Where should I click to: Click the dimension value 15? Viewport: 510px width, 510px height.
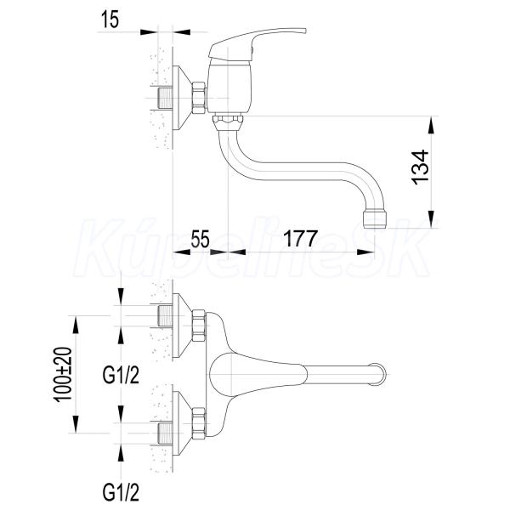pyautogui.click(x=110, y=20)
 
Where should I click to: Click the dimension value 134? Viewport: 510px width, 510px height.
pyautogui.click(x=420, y=167)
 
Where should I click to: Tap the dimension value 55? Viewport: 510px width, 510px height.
pyautogui.click(x=200, y=239)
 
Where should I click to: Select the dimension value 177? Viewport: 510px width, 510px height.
pyautogui.click(x=300, y=239)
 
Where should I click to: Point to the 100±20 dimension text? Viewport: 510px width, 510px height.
pyautogui.click(x=62, y=375)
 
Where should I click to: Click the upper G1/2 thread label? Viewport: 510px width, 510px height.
pyautogui.click(x=121, y=376)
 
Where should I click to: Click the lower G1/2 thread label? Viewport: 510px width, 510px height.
pyautogui.click(x=121, y=492)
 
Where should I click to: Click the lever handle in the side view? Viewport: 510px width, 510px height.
pyautogui.click(x=257, y=44)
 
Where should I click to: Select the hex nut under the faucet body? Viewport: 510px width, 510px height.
pyautogui.click(x=228, y=122)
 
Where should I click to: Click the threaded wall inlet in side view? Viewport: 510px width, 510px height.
pyautogui.click(x=165, y=98)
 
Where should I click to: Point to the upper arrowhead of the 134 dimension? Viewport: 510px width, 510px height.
pyautogui.click(x=431, y=124)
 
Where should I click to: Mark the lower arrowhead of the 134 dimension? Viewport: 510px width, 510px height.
pyautogui.click(x=431, y=218)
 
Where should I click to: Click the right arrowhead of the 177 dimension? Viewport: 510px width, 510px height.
pyautogui.click(x=365, y=252)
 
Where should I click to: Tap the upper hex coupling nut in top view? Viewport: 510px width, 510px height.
pyautogui.click(x=199, y=326)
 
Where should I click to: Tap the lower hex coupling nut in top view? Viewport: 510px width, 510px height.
pyautogui.click(x=199, y=423)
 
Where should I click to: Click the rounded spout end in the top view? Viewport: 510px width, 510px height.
pyautogui.click(x=380, y=375)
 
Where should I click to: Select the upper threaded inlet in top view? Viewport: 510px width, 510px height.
pyautogui.click(x=165, y=316)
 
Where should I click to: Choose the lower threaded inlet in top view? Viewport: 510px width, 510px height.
pyautogui.click(x=165, y=433)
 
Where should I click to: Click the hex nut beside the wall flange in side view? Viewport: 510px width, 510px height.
pyautogui.click(x=199, y=98)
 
